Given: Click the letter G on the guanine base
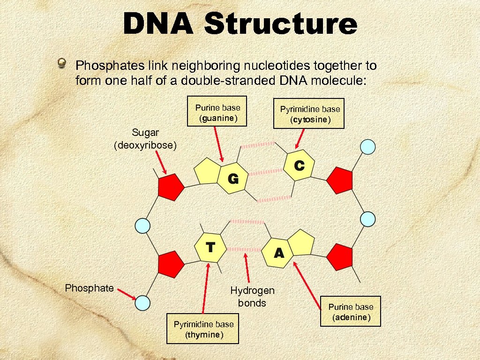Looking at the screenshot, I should coord(233,179).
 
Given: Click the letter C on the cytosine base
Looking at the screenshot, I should coord(299,165).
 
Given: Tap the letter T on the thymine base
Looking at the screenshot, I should coord(210,247).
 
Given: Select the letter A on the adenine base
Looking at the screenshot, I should coord(279,253).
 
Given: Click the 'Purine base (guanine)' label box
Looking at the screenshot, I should coord(217,112).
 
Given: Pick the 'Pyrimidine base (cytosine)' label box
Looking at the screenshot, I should coord(310,114).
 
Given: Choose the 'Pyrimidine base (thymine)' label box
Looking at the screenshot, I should coord(203,329).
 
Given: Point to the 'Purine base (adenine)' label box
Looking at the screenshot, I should coord(351,312).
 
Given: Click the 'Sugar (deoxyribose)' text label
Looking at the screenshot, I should coord(145,140).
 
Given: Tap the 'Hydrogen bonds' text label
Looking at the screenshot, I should coord(252,297).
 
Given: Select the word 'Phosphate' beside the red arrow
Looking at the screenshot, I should coord(89,288).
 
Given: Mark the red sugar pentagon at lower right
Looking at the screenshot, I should coord(339,256).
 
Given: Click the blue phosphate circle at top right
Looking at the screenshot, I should coord(368,147).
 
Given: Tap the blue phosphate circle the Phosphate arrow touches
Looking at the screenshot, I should coord(142,303).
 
